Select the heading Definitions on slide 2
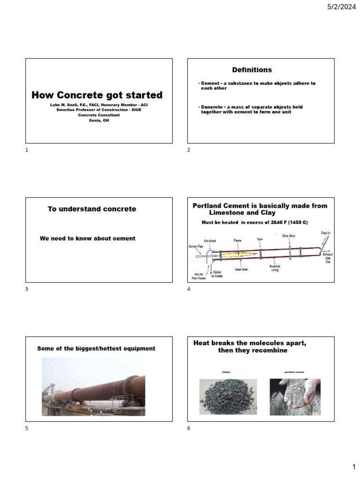point(252,70)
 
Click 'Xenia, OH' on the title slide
point(99,120)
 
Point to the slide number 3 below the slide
point(27,289)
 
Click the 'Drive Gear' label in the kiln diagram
point(289,236)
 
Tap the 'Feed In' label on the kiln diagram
point(325,232)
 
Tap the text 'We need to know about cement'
point(88,239)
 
